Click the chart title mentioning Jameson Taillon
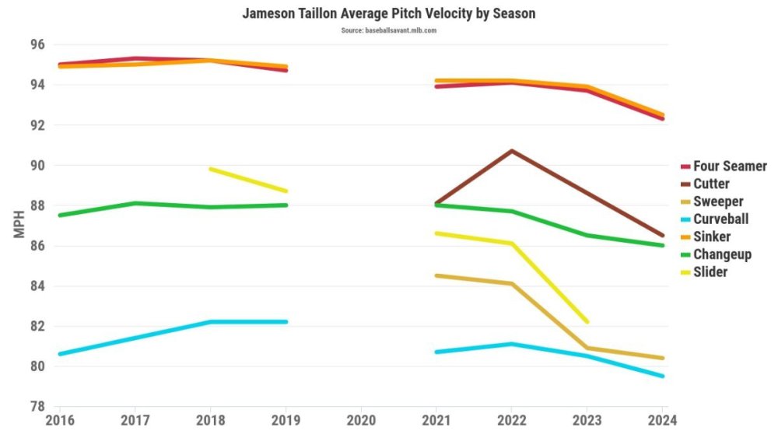click(388, 14)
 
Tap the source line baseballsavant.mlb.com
click(388, 30)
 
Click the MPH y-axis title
click(21, 226)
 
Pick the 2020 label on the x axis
click(361, 421)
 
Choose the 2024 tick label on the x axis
click(662, 421)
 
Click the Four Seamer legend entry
click(729, 166)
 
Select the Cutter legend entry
click(710, 184)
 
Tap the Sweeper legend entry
click(717, 201)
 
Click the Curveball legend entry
click(720, 219)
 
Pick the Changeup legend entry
click(721, 254)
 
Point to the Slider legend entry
click(710, 272)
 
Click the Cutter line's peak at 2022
click(511, 150)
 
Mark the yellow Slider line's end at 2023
click(587, 321)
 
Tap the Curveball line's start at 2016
click(59, 354)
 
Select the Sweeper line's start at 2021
click(436, 275)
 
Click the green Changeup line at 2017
click(135, 203)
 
